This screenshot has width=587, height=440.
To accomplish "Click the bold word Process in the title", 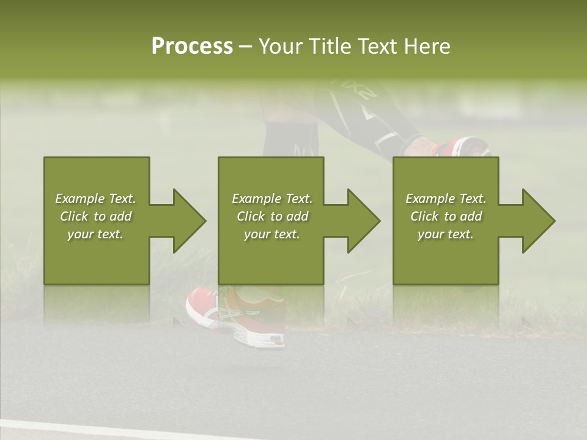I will [192, 46].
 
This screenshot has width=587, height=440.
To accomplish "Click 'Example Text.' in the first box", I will [96, 199].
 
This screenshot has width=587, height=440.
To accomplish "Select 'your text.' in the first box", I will [96, 234].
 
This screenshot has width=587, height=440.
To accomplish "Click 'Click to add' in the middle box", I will [272, 216].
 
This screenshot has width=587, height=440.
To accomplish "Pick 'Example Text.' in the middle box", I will [272, 199].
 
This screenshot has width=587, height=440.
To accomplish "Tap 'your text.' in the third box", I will [446, 234].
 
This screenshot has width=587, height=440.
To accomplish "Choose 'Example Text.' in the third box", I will [446, 199].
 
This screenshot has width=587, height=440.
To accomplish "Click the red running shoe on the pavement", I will [235, 312].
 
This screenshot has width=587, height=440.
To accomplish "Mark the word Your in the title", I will [279, 46].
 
